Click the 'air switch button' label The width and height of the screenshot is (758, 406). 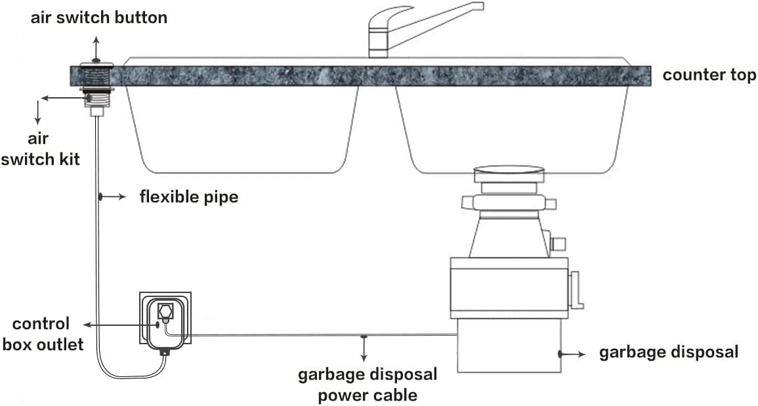tap(98, 18)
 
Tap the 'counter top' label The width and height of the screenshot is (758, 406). tap(709, 76)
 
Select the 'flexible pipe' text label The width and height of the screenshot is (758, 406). tap(189, 198)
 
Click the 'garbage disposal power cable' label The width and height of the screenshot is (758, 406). tap(368, 385)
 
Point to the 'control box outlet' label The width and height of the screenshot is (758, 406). tap(43, 334)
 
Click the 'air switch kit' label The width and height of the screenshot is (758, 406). tap(39, 148)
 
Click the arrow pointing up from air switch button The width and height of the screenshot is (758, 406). tap(96, 48)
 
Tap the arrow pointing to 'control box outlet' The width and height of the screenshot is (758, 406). tap(121, 325)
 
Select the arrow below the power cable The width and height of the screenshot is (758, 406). tap(364, 348)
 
